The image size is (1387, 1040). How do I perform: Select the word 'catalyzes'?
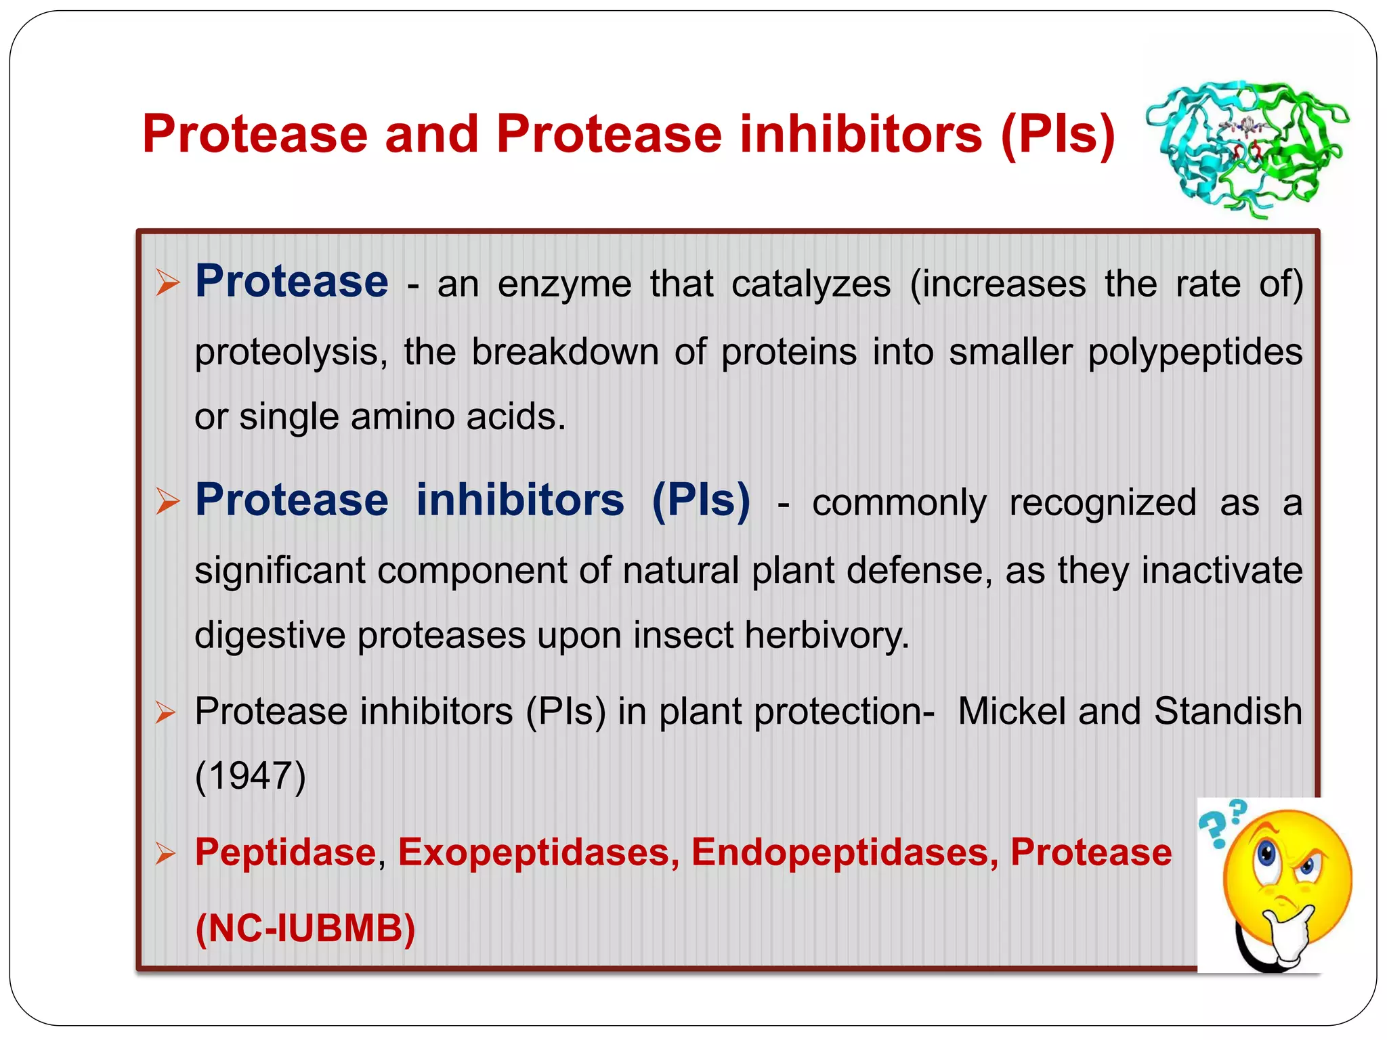tap(811, 284)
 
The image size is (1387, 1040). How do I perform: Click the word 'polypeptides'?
tap(1195, 353)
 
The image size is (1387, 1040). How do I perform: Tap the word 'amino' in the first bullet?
tap(402, 416)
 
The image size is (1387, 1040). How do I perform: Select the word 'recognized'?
tap(1103, 503)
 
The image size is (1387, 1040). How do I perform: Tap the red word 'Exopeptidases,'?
tap(538, 852)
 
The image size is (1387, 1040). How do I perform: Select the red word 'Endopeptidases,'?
tap(844, 852)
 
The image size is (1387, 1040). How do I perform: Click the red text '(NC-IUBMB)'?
tap(305, 928)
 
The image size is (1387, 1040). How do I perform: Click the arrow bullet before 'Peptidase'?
tap(165, 854)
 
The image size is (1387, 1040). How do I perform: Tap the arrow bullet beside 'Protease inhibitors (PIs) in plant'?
tap(165, 713)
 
